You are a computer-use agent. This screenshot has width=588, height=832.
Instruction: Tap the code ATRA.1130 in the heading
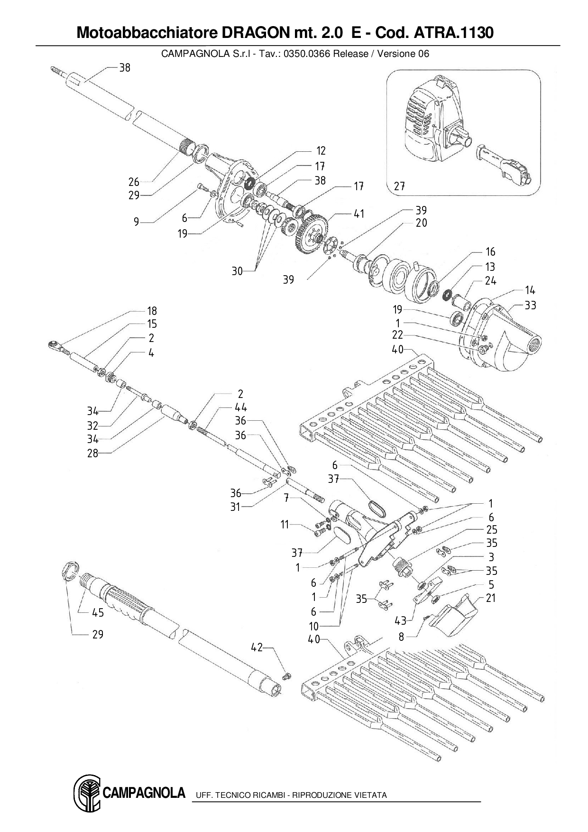tap(454, 33)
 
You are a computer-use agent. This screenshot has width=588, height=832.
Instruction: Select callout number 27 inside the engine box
tap(399, 186)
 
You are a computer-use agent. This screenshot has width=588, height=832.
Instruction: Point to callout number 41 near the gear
tap(359, 214)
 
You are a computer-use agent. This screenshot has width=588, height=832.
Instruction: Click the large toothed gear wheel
tap(311, 229)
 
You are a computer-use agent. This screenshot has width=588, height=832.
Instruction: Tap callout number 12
tap(321, 151)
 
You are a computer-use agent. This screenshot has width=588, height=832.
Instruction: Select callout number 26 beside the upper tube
tap(134, 182)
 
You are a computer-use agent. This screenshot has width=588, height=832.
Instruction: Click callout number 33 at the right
tap(530, 305)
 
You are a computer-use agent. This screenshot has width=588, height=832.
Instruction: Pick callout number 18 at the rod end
tap(152, 311)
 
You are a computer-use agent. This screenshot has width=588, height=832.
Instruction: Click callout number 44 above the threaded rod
tap(241, 407)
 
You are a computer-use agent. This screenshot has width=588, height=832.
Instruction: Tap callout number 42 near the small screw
tap(257, 647)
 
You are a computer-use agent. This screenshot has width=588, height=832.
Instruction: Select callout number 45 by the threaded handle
tap(98, 612)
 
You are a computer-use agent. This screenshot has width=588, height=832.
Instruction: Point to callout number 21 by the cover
tap(491, 598)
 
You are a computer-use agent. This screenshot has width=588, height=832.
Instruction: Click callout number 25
tap(491, 529)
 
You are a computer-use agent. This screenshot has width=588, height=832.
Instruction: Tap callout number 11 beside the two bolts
tap(285, 524)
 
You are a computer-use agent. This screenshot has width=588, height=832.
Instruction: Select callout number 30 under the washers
tap(237, 271)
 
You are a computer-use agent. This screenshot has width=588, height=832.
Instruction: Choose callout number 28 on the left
tap(92, 453)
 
